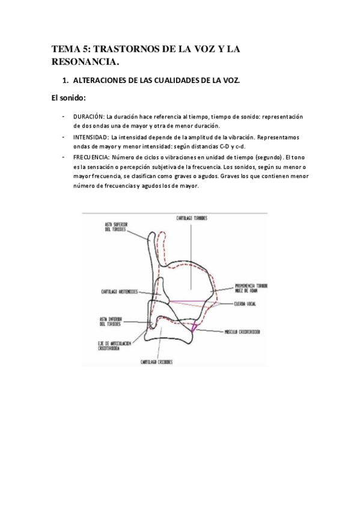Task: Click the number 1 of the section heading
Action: click(x=66, y=80)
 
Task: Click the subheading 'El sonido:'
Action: click(x=68, y=98)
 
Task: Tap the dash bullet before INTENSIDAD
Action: click(x=63, y=137)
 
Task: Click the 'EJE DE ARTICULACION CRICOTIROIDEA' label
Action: click(x=114, y=345)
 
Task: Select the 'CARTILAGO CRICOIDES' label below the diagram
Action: click(x=157, y=362)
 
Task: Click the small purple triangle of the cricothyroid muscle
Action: click(x=194, y=327)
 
